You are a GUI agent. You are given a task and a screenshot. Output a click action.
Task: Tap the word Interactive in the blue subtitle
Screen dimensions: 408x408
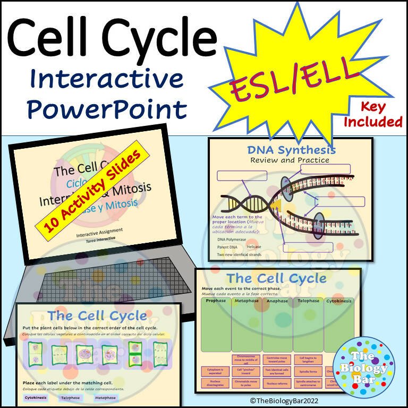pos(107,80)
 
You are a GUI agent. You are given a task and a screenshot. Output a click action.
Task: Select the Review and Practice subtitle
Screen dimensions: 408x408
pos(290,160)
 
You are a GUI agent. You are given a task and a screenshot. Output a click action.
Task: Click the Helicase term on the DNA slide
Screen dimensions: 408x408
pos(258,247)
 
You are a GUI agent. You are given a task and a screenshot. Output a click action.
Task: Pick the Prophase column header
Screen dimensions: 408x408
pos(216,301)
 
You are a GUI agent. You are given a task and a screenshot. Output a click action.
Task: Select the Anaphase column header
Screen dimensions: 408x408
pos(277,301)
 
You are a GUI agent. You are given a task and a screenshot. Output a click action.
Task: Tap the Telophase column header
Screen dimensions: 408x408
pos(308,301)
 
